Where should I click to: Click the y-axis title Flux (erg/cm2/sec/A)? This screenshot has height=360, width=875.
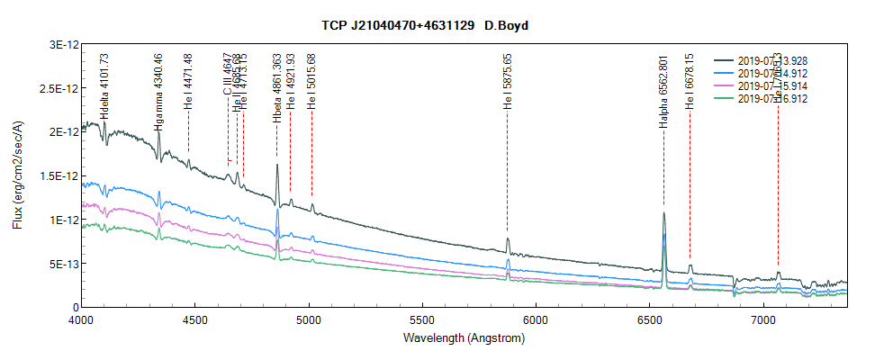(x=17, y=175)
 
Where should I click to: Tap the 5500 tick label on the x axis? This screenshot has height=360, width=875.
(x=422, y=320)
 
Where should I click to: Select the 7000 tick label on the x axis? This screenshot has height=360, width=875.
(x=763, y=320)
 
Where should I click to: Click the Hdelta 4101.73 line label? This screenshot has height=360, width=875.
(x=105, y=87)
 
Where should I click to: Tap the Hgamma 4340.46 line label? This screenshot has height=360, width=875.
(x=159, y=93)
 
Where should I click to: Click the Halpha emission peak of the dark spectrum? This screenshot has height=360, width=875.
(x=663, y=214)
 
